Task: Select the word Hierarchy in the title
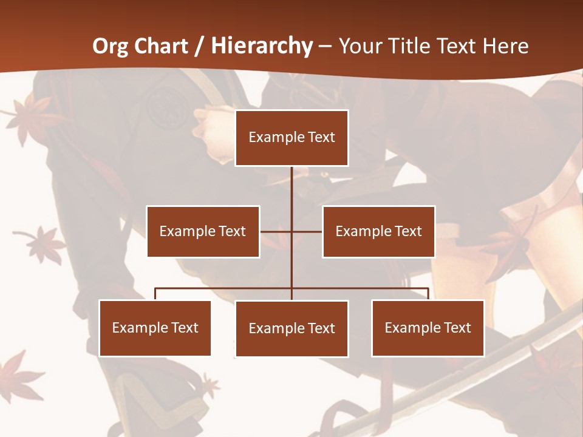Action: (262, 46)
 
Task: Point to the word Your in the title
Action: (360, 46)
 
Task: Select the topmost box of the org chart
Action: (291, 138)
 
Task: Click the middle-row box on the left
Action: (203, 231)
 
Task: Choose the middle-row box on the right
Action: (378, 231)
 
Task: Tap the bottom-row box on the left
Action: (155, 328)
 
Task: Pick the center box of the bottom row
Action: (291, 328)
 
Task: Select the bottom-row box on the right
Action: (428, 328)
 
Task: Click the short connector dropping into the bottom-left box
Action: (155, 294)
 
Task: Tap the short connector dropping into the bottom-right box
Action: (428, 294)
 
